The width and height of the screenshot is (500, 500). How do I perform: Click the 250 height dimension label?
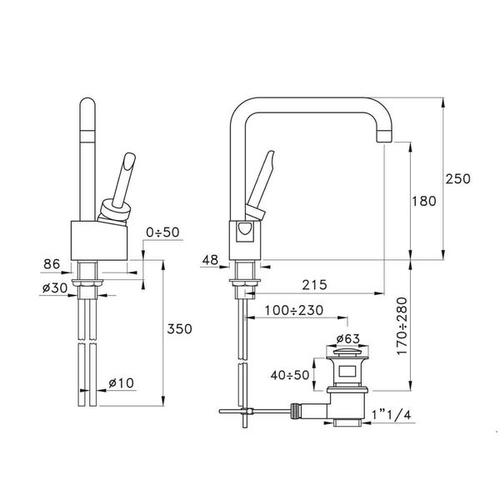pos(458,178)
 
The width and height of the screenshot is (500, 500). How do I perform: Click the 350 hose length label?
pos(179,328)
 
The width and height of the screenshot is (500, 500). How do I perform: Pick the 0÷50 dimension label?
pos(162,232)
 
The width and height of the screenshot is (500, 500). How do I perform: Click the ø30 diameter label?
pos(54,287)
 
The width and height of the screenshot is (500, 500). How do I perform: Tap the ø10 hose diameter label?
pos(123,382)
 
